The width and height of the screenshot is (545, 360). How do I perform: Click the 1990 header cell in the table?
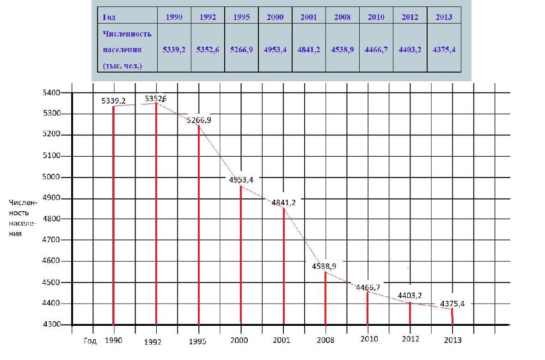(x=174, y=17)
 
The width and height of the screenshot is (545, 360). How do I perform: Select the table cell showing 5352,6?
(x=208, y=49)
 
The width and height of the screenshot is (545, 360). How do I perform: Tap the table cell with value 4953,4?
(x=275, y=49)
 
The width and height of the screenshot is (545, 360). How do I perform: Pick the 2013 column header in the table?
(x=444, y=17)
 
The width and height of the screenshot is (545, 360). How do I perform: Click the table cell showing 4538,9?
(x=343, y=49)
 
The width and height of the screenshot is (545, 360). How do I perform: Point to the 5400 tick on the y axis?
(x=51, y=93)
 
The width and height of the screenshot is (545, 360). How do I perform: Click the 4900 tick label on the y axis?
(x=51, y=198)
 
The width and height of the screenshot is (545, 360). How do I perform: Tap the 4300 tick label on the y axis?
(x=51, y=324)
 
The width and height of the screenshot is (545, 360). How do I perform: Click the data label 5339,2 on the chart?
(x=114, y=101)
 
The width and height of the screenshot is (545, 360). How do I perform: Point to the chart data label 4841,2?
(x=283, y=202)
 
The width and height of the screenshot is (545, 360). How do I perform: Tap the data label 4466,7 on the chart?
(x=368, y=287)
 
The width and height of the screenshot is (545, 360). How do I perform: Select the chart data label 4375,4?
(x=452, y=304)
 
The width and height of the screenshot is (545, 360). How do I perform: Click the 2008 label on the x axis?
(x=325, y=340)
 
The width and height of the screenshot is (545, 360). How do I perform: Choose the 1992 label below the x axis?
(x=153, y=342)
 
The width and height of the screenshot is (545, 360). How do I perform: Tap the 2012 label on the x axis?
(x=410, y=339)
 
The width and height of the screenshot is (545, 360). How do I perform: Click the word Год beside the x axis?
(x=90, y=341)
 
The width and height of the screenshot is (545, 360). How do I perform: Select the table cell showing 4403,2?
(x=410, y=49)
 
